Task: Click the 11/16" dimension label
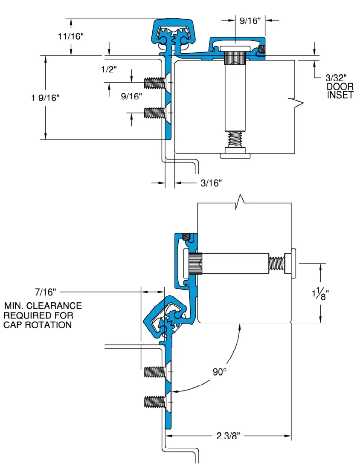coord(71,36)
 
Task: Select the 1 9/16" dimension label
coord(45,98)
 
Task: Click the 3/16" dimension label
coord(211,183)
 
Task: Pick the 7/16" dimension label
coord(46,292)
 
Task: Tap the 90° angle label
coord(220,372)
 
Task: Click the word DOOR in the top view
coord(340,87)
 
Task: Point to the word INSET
coord(340,95)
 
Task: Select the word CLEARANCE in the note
coord(55,306)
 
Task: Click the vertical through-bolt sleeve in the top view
coord(235,96)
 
